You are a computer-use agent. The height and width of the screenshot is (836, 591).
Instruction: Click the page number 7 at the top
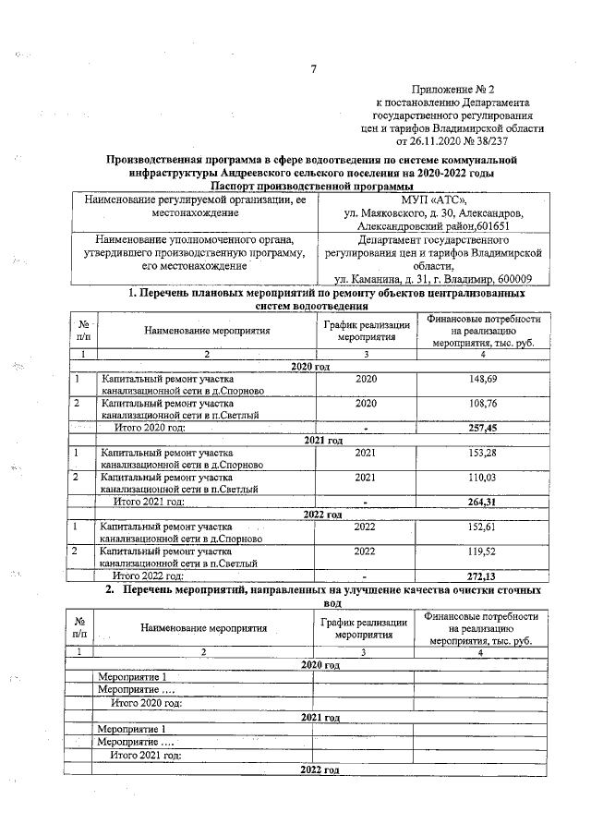pyautogui.click(x=314, y=67)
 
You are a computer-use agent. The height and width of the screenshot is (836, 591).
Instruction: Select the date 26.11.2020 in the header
pyautogui.click(x=427, y=141)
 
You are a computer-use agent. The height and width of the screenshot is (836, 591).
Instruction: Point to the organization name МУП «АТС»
pyautogui.click(x=434, y=200)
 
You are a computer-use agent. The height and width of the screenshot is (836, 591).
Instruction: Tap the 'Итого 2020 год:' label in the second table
pyautogui.click(x=145, y=703)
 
